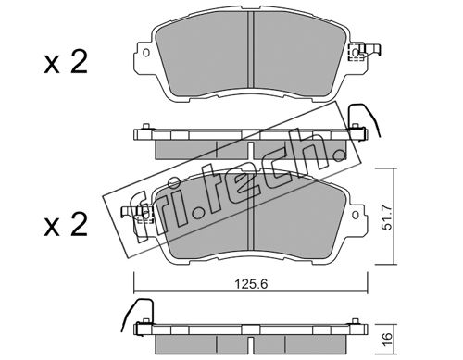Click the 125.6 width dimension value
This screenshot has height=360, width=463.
251,284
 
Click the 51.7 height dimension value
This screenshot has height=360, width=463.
386,217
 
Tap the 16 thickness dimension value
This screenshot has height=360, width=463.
387,339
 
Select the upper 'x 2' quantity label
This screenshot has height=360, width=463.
66,62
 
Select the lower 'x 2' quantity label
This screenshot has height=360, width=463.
66,225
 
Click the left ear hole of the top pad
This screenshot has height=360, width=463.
146,53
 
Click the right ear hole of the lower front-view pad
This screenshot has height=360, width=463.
356,215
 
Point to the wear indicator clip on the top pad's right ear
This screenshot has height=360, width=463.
364,53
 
